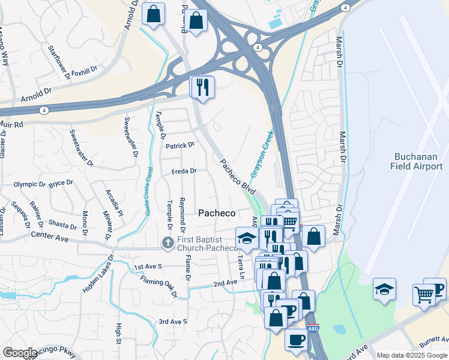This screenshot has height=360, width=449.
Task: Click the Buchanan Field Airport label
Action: click(418, 161)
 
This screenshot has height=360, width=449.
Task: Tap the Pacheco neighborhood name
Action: click(216, 213)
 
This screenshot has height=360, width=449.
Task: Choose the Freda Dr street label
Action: click(184, 171)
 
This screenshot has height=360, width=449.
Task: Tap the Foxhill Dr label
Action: click(84, 71)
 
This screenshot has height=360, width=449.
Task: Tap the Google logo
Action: click(19, 353)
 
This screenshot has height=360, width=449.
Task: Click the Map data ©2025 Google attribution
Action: click(412, 355)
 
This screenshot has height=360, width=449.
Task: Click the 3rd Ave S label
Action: click(173, 322)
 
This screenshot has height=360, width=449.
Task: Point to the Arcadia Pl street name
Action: click(113, 203)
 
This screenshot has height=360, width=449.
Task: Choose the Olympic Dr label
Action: click(30, 185)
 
